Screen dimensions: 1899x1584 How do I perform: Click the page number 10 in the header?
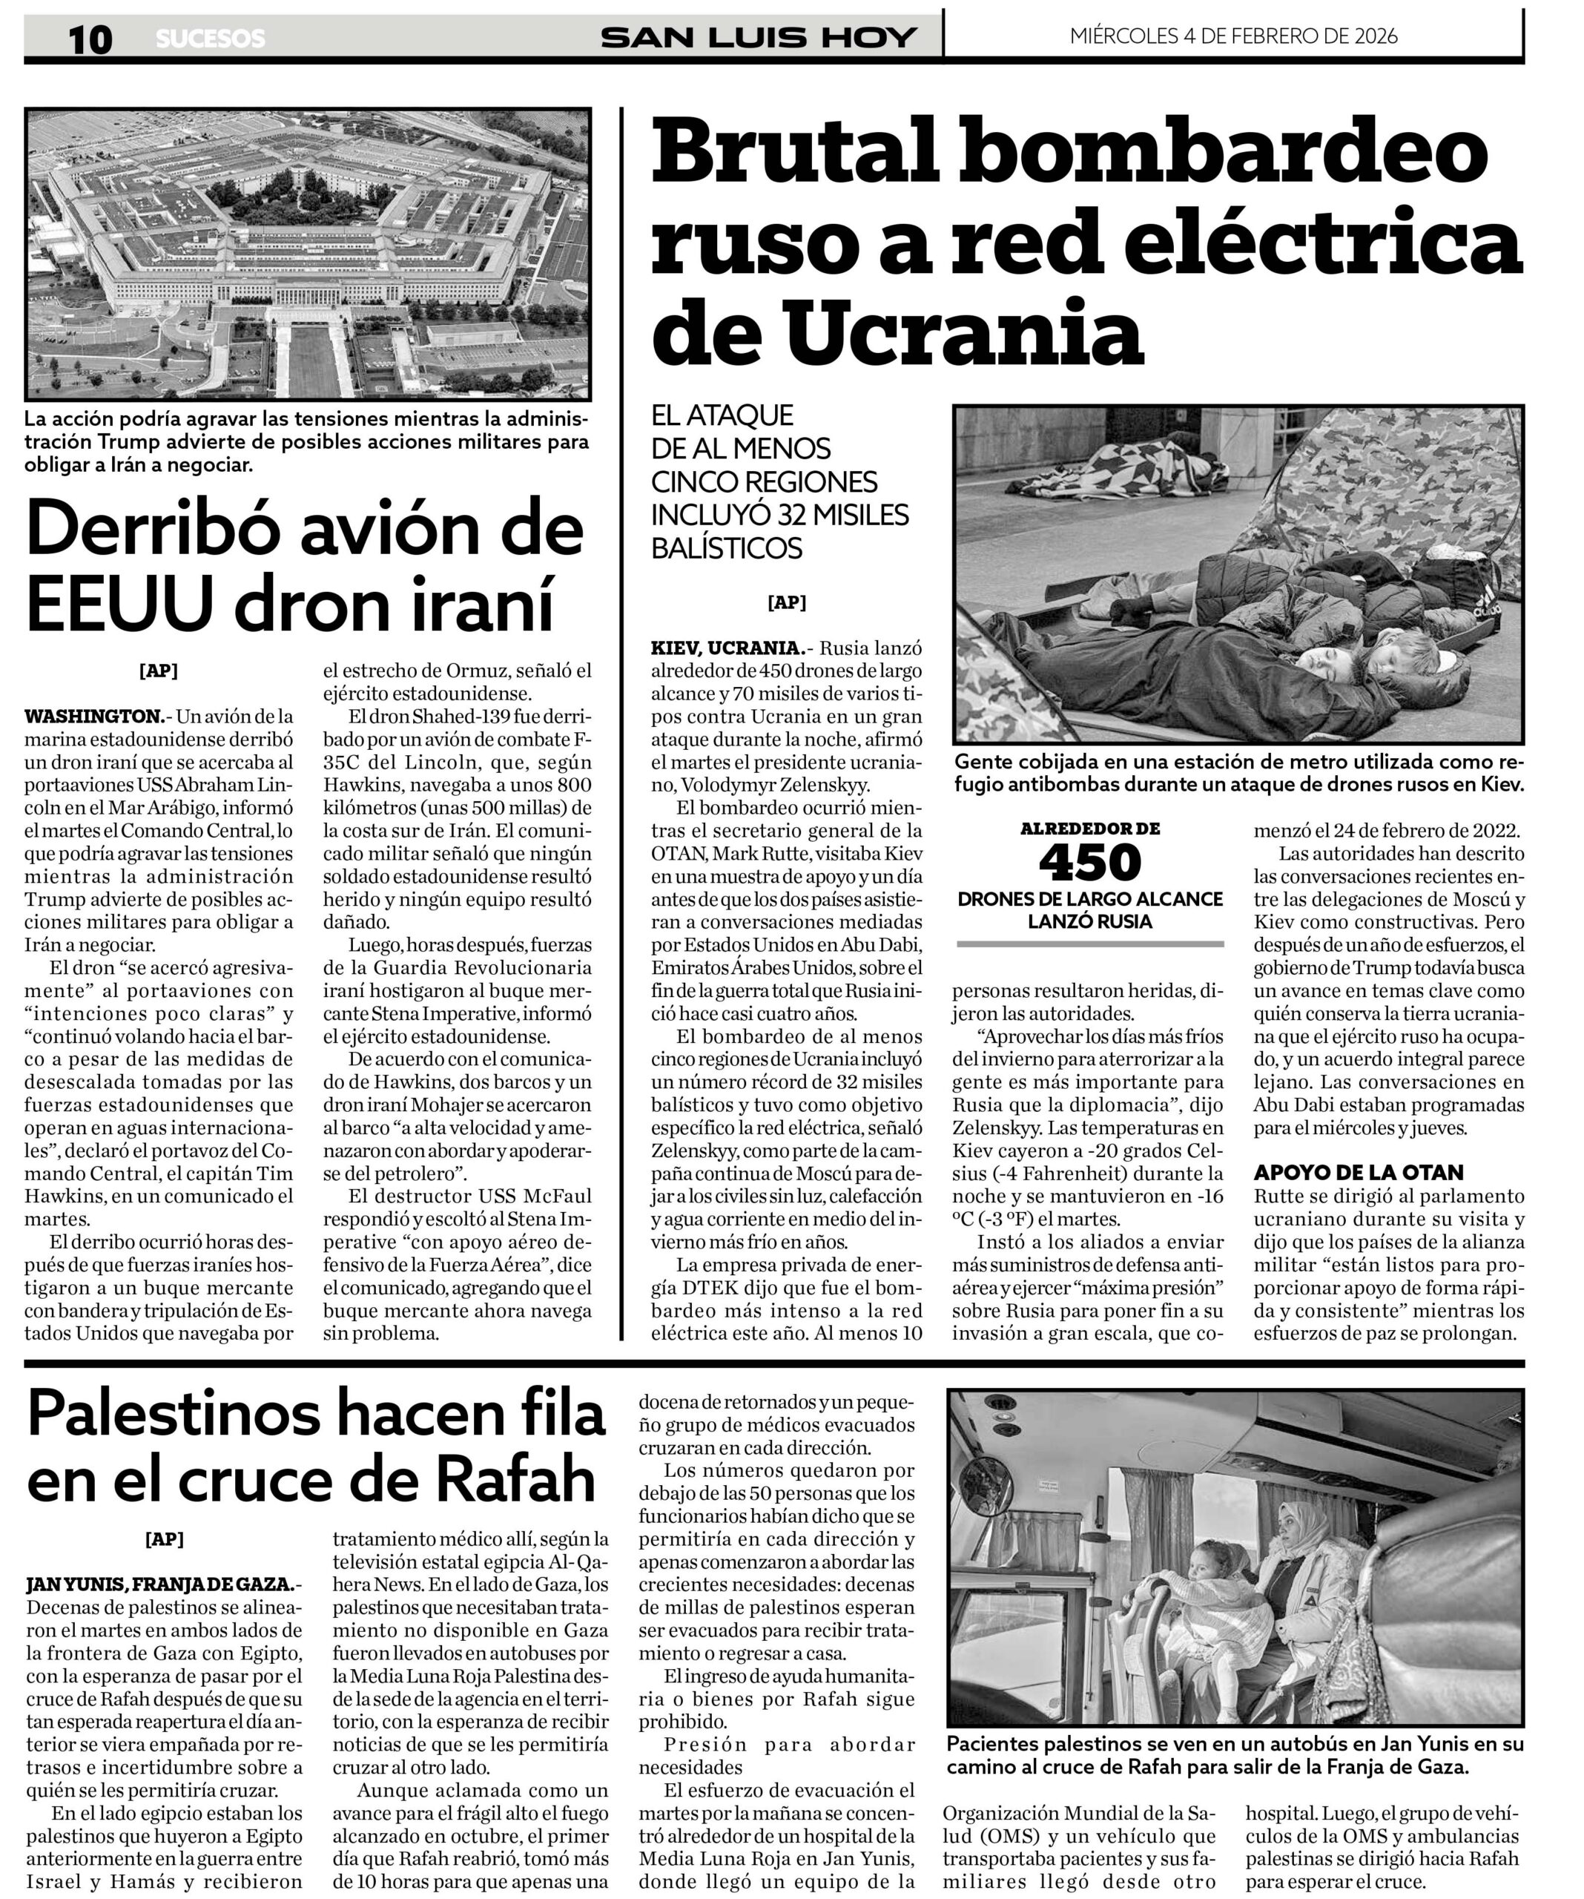[x=90, y=39]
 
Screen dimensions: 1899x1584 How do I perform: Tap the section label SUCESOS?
[x=211, y=39]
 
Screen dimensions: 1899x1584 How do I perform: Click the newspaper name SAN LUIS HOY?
[x=759, y=37]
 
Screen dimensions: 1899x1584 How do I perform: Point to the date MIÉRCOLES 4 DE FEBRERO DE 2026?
[x=1233, y=36]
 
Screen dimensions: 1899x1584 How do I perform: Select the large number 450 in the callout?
[x=1089, y=863]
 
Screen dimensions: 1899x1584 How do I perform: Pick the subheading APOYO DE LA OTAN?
[x=1358, y=1173]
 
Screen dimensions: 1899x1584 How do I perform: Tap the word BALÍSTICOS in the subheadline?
[x=727, y=548]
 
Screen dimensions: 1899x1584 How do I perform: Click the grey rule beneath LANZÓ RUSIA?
[x=1089, y=944]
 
